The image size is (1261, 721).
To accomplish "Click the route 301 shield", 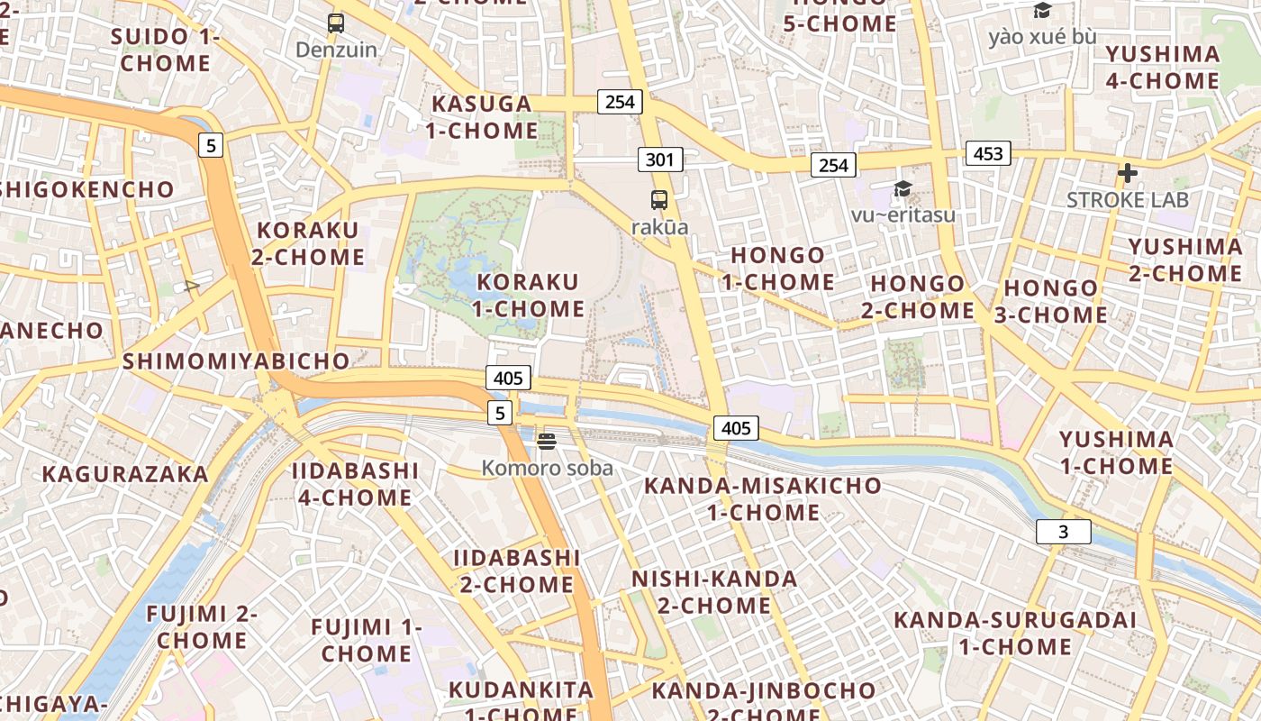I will [x=660, y=160].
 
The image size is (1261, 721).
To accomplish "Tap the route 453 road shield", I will [x=988, y=153].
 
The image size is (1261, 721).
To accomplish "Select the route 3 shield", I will [x=1063, y=532].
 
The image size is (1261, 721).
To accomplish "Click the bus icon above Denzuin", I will [x=336, y=23].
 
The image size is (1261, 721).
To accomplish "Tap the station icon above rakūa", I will [x=659, y=200].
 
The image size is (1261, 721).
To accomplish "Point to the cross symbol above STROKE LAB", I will [x=1127, y=173].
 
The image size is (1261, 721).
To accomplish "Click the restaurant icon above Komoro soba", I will [x=547, y=441].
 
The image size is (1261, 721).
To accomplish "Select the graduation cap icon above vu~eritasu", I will [x=903, y=188].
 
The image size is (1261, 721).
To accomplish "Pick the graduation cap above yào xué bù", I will [x=1042, y=11].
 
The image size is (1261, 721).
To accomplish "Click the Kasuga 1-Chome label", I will [x=481, y=117].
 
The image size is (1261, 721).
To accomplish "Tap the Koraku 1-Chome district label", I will [x=529, y=296].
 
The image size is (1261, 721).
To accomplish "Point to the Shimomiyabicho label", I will [x=236, y=361].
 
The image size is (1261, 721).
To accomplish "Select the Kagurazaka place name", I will [x=125, y=474].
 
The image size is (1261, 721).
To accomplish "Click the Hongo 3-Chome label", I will [x=1051, y=302].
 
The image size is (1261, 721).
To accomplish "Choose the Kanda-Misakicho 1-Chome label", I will [x=762, y=499].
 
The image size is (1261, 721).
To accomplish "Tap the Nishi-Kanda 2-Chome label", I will [x=714, y=592].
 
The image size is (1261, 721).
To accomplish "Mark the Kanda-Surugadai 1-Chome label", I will [x=1014, y=634].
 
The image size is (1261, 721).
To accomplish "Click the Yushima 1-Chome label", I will [x=1116, y=453].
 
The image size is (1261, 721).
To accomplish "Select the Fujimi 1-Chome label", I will [x=366, y=640].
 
